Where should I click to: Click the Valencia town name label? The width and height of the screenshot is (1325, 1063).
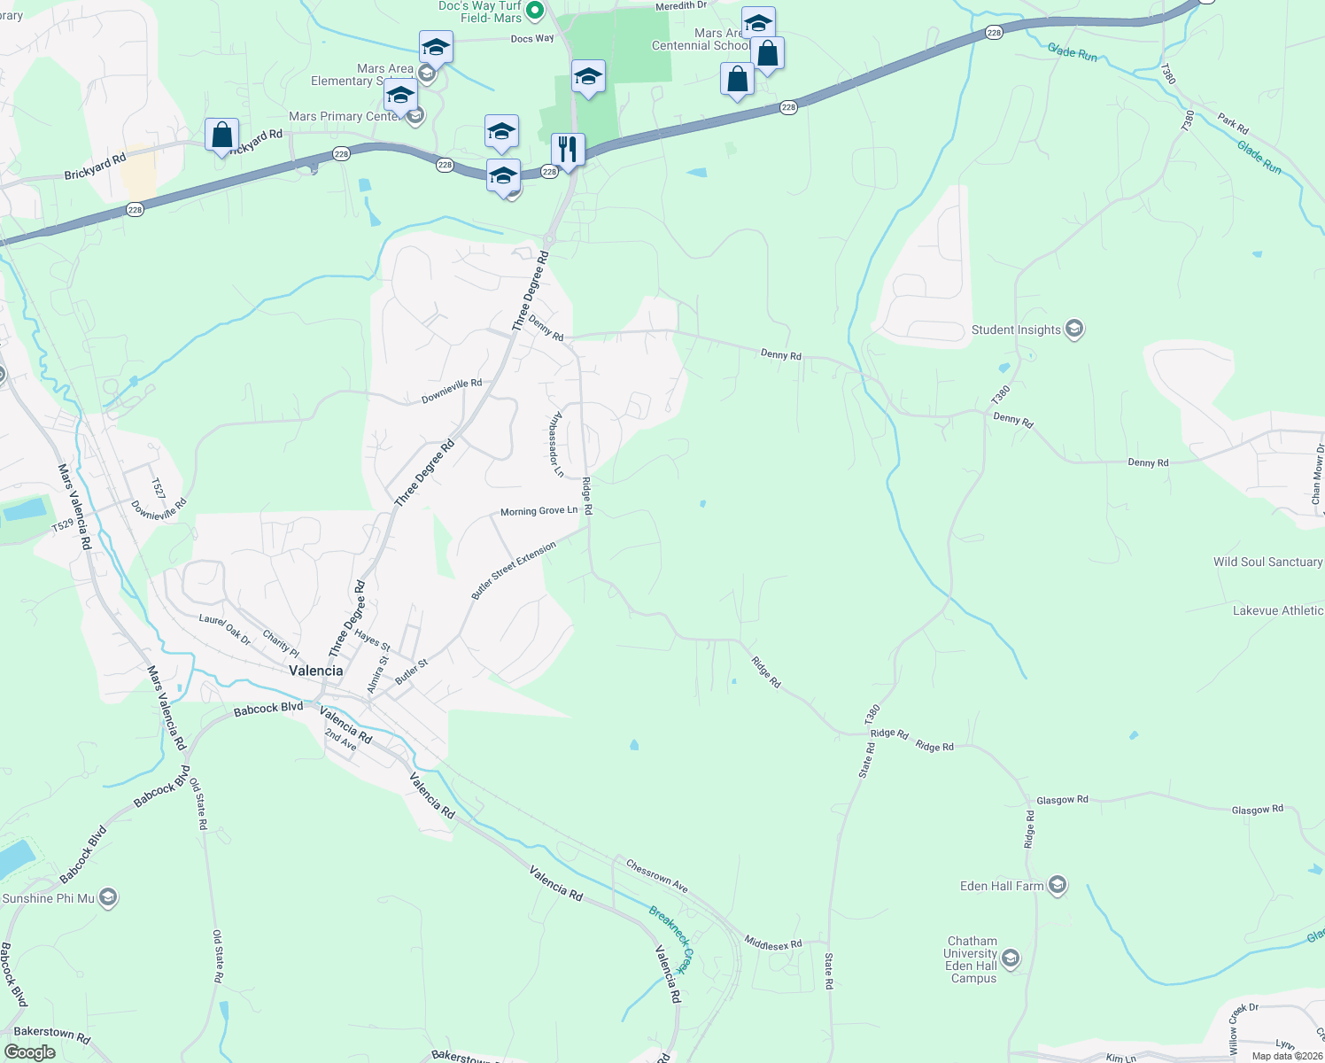316,671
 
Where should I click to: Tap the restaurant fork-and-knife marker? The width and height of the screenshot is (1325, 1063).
568,150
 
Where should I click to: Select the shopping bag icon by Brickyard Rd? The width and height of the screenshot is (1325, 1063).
221,136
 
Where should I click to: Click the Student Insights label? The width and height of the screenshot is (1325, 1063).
1016,330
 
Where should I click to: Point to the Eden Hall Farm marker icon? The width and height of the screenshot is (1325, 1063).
1057,885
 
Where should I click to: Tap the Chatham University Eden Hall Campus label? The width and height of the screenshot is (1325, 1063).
972,960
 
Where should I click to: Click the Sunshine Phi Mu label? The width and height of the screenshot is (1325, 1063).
49,898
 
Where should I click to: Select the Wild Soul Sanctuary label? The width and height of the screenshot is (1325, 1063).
1267,563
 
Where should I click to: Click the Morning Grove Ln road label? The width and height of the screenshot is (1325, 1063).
539,511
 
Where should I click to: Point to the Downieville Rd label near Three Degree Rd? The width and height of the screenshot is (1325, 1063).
452,391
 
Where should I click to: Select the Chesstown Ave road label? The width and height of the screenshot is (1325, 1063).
656,875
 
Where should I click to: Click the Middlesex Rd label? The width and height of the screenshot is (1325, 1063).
772,943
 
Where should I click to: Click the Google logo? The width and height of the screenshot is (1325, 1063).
30,1052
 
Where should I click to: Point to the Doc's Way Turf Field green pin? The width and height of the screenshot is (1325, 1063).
534,11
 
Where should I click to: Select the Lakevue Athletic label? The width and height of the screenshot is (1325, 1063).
1278,611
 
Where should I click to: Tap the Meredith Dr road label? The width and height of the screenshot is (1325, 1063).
681,6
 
